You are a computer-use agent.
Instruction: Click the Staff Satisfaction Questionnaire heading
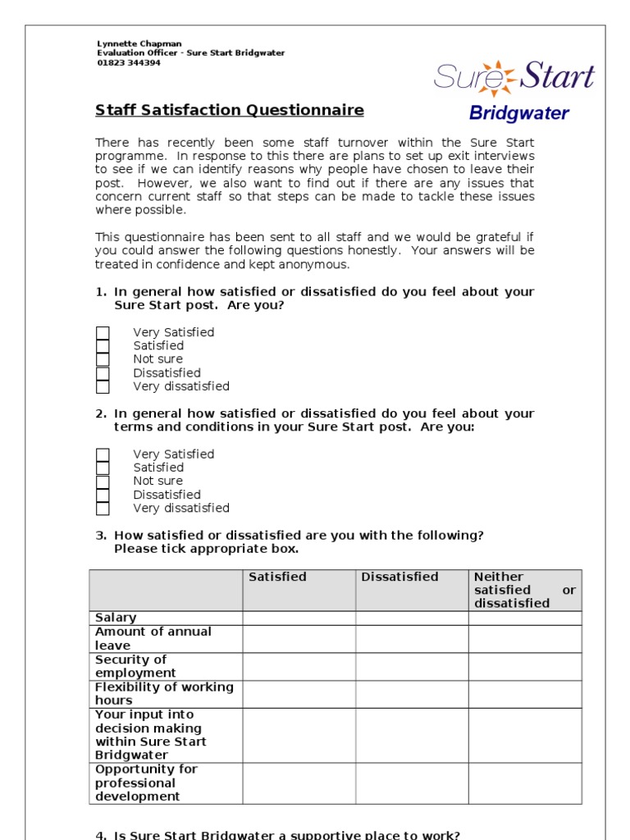point(230,110)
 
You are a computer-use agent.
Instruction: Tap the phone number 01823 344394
point(129,62)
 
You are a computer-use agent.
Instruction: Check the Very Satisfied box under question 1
point(103,332)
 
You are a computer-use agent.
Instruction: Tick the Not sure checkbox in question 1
point(103,359)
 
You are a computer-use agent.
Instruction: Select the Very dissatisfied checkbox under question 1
point(103,386)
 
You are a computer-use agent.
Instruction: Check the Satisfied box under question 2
point(103,468)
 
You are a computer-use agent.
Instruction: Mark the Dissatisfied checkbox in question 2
point(103,495)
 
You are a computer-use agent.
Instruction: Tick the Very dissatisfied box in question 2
point(103,509)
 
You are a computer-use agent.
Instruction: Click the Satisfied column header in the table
point(277,577)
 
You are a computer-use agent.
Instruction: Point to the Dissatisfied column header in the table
point(399,577)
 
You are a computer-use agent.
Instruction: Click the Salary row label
point(116,618)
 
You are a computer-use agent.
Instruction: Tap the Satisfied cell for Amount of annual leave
point(299,639)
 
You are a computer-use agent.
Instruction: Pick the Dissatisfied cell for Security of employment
point(412,667)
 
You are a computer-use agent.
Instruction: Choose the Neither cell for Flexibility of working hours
point(525,694)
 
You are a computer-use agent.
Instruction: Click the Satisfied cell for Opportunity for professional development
point(299,783)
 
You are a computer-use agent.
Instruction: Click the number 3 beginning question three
point(100,536)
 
